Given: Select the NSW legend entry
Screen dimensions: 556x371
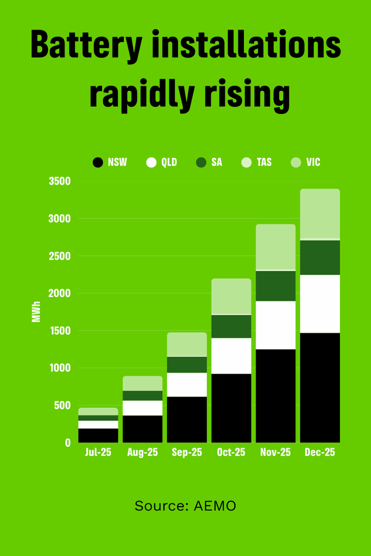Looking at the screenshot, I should pyautogui.click(x=110, y=162).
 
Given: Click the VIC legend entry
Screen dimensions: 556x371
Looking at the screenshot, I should pyautogui.click(x=306, y=162).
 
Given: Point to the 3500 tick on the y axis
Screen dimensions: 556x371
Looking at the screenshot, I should pyautogui.click(x=60, y=181).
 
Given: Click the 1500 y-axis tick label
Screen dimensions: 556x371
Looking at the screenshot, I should pyautogui.click(x=60, y=331).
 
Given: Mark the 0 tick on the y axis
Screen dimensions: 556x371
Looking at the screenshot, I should pyautogui.click(x=68, y=443).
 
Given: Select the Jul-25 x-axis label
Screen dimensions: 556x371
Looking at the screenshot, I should pyautogui.click(x=98, y=453).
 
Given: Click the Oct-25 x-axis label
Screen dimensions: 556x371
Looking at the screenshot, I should pyautogui.click(x=231, y=453).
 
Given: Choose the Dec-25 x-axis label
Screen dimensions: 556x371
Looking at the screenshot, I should pyautogui.click(x=320, y=453).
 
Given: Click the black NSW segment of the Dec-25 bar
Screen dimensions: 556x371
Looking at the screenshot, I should pyautogui.click(x=320, y=388).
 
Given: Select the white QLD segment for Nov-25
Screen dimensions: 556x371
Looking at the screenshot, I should pyautogui.click(x=275, y=325).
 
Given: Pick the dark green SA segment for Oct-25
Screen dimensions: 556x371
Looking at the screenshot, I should pyautogui.click(x=231, y=326).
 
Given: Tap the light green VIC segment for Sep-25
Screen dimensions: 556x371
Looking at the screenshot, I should pyautogui.click(x=187, y=344).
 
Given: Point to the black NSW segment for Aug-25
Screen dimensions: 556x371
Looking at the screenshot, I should pyautogui.click(x=142, y=429).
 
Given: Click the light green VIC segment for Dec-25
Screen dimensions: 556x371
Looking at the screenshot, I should pyautogui.click(x=320, y=214).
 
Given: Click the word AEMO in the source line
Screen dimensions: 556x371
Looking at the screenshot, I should pyautogui.click(x=215, y=506).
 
